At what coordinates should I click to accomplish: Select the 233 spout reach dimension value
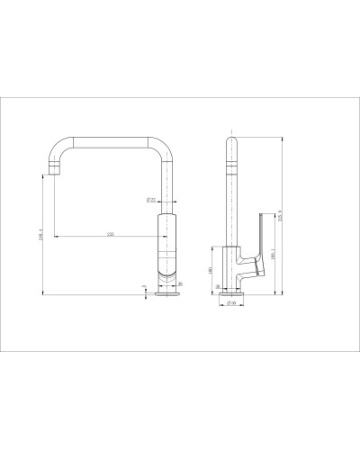(x=111, y=234)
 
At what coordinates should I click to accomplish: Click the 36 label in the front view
(x=181, y=285)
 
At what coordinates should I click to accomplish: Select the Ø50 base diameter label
(x=230, y=304)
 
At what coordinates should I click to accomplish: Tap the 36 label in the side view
(x=218, y=286)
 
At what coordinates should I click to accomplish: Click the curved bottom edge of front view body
(x=167, y=272)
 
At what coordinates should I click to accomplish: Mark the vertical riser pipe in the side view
(x=230, y=198)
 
